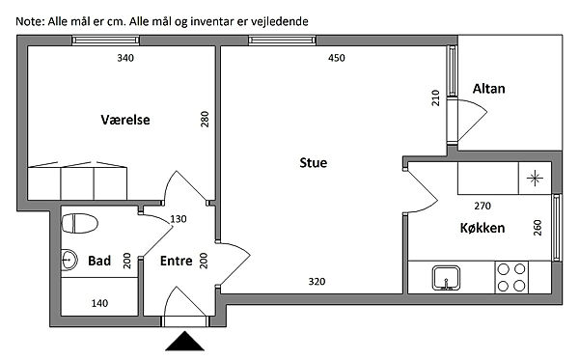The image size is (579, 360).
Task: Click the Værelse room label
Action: pyautogui.click(x=125, y=120)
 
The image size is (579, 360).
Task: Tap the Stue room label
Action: pyautogui.click(x=313, y=163)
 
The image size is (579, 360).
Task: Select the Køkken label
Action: pyautogui.click(x=482, y=228)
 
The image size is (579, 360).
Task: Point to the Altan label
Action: pyautogui.click(x=488, y=89)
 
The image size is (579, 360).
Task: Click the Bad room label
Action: pyautogui.click(x=99, y=261)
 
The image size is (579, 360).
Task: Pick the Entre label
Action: pyautogui.click(x=177, y=261)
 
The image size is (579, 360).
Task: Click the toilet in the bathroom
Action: pyautogui.click(x=79, y=223)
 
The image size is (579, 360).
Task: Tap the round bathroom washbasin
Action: pyautogui.click(x=69, y=260)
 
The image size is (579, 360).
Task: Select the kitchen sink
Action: pyautogui.click(x=447, y=278)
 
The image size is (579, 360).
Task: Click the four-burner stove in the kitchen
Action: pyautogui.click(x=511, y=277)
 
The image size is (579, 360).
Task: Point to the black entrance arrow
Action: pyautogui.click(x=184, y=341)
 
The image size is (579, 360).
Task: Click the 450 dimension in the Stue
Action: pyautogui.click(x=337, y=58)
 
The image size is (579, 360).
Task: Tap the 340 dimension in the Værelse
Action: pyautogui.click(x=125, y=58)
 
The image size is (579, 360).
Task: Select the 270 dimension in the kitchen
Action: pyautogui.click(x=482, y=206)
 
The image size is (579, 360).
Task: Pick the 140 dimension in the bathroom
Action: pyautogui.click(x=99, y=303)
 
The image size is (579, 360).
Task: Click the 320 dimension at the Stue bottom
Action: pyautogui.click(x=317, y=282)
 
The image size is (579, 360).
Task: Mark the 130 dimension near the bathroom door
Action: pyautogui.click(x=179, y=219)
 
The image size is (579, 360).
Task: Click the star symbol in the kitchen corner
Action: pyautogui.click(x=535, y=179)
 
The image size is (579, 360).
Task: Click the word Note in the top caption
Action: pyautogui.click(x=30, y=21)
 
